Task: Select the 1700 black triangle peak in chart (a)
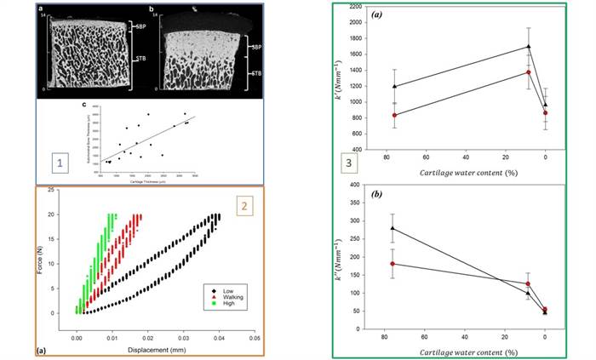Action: tap(529, 47)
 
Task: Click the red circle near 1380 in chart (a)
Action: tap(529, 72)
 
